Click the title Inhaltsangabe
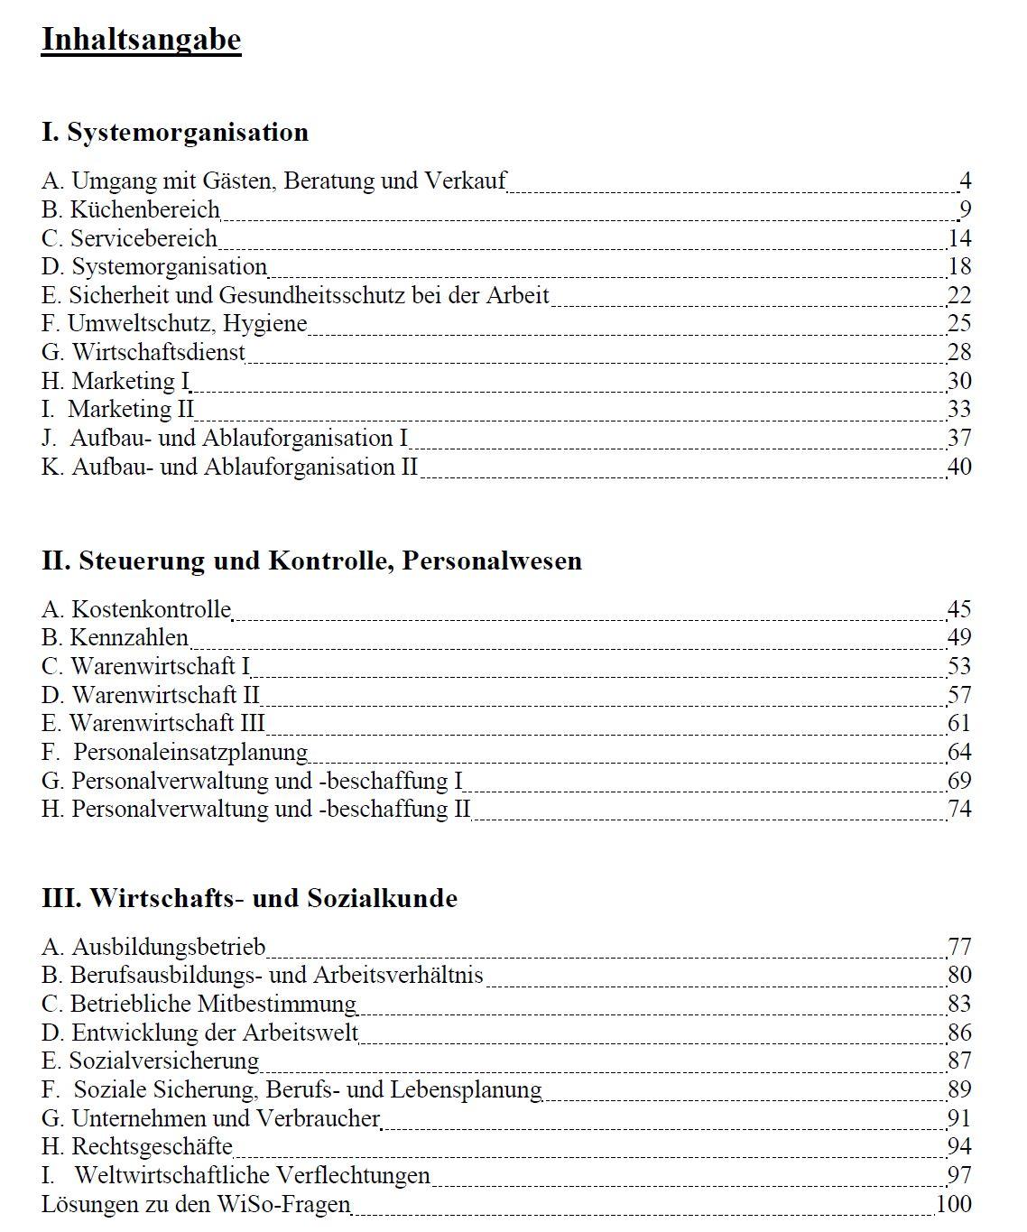coord(141,41)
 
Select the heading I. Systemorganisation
coord(175,133)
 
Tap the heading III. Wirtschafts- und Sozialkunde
coord(249,899)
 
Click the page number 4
coord(965,181)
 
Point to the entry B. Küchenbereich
coord(131,210)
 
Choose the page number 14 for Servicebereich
coord(959,239)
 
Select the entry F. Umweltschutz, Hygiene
coord(174,324)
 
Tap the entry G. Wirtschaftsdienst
coord(143,353)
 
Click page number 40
coord(959,468)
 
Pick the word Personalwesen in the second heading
coord(492,561)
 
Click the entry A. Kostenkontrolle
coord(136,610)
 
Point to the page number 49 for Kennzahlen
coord(959,638)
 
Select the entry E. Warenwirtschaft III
coord(153,724)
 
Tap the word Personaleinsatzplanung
coord(190,753)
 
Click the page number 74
coord(959,810)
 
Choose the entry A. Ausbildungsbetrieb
coord(153,948)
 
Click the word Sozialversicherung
coord(164,1061)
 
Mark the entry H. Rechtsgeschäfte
coord(137,1147)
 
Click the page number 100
coord(954,1204)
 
